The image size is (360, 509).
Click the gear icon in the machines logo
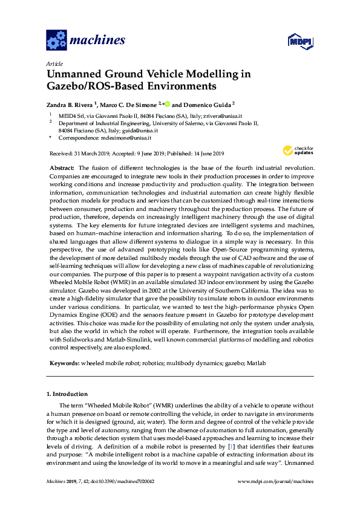click(56, 41)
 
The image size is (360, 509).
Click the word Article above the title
click(54, 63)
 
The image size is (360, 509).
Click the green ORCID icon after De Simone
click(167, 103)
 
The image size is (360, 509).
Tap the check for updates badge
click(295, 151)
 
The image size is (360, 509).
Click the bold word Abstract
click(61, 167)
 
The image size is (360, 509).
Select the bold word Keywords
click(62, 363)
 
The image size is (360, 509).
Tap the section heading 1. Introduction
click(67, 394)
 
